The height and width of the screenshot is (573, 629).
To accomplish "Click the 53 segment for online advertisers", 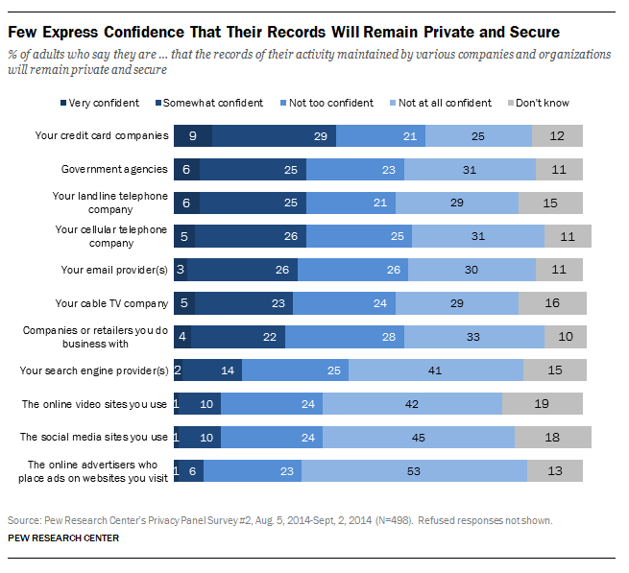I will tap(413, 470).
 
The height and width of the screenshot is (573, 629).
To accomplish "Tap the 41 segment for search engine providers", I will tap(435, 370).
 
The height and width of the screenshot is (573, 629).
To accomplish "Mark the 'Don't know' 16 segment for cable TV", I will tap(551, 303).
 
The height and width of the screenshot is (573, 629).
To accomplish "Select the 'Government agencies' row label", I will tap(114, 170).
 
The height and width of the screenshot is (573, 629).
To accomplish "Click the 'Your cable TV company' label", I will tap(111, 303).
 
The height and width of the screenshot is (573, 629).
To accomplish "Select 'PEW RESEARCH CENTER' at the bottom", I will tap(63, 537).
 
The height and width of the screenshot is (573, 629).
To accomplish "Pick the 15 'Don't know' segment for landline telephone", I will tap(549, 203).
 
